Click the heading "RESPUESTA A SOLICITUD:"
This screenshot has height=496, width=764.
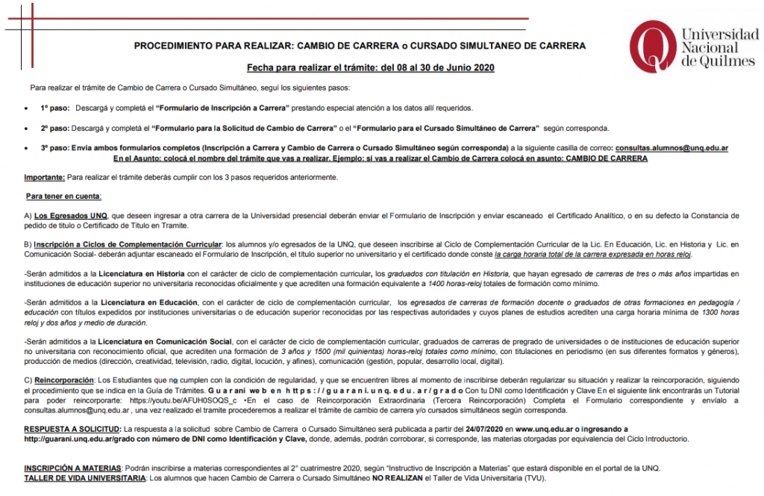[x=72, y=430]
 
